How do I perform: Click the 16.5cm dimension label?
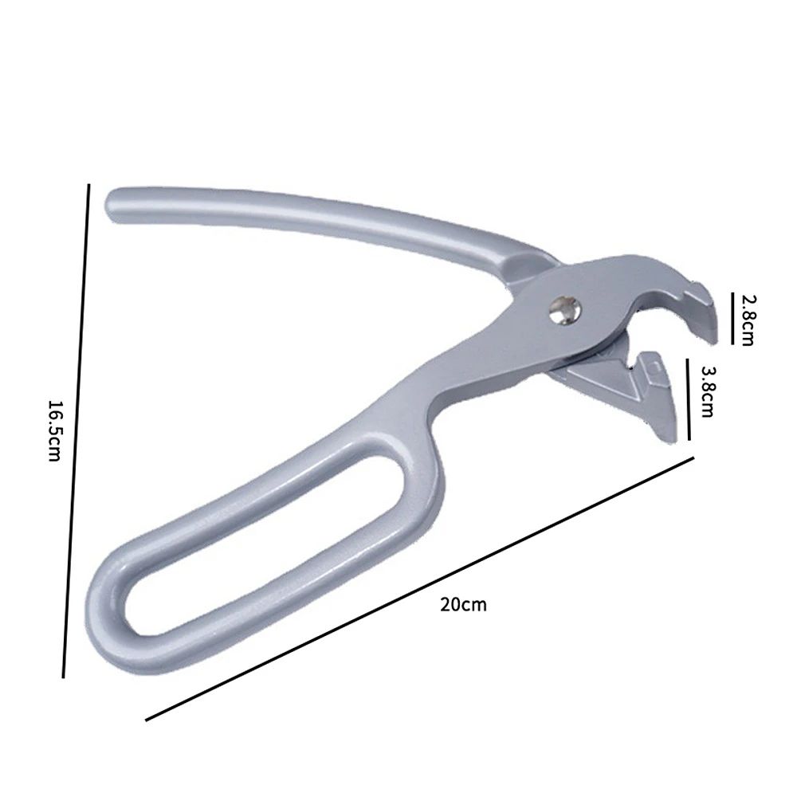point(54,431)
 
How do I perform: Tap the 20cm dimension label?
point(463,604)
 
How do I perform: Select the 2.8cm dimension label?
point(747,319)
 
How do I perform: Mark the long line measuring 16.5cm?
point(77,430)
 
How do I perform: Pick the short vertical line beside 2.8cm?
point(732,317)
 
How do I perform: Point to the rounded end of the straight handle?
point(116,203)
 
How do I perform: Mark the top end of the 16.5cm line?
point(88,185)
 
